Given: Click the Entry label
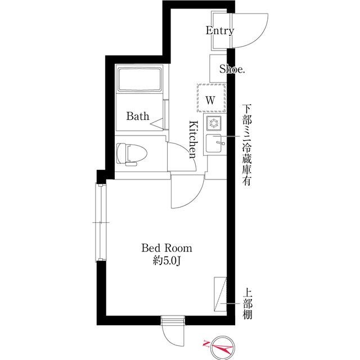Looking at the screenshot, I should pos(219,31).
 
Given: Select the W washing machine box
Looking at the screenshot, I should pos(211,100).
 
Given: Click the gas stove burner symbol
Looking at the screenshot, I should pos(214,124).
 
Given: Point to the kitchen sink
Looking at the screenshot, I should pos(215,145).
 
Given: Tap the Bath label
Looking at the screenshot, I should pos(138,116).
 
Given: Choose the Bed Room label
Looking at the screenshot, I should pos(166,247).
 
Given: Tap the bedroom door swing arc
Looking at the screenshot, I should pos(186,191).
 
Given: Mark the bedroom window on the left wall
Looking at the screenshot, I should pos(101,223).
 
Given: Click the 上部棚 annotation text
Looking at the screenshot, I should pos(247,304).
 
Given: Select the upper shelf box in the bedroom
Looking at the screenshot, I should pos(220,294).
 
